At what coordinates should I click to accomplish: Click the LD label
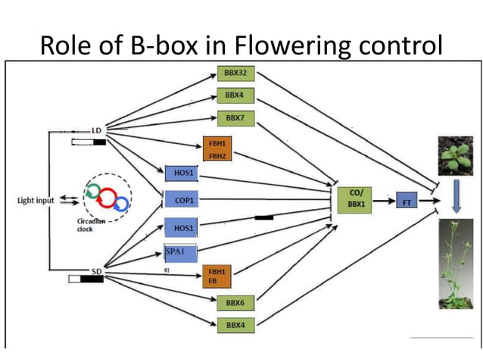pyautogui.click(x=96, y=131)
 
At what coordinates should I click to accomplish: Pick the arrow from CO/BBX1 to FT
pyautogui.click(x=387, y=201)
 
